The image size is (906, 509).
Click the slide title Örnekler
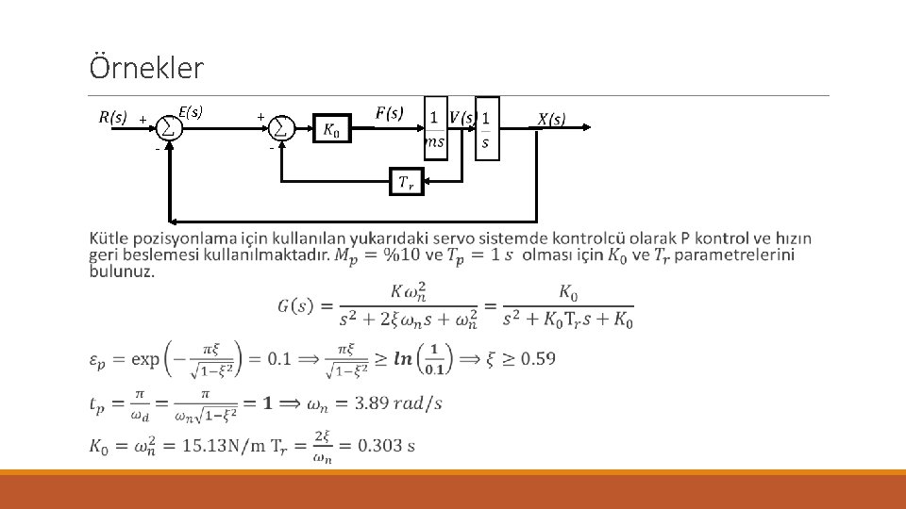click(146, 68)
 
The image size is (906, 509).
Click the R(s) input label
click(113, 118)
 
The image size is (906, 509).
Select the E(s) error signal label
click(191, 113)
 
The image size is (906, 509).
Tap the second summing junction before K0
click(281, 127)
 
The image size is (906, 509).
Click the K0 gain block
click(332, 129)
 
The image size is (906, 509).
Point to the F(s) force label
click(390, 113)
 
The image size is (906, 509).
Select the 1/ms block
click(435, 128)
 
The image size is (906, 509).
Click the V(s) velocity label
click(462, 118)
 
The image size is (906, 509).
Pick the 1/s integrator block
click(486, 128)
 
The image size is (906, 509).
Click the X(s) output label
click(551, 119)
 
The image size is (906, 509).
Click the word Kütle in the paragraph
click(110, 237)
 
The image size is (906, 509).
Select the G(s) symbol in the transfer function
click(297, 305)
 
